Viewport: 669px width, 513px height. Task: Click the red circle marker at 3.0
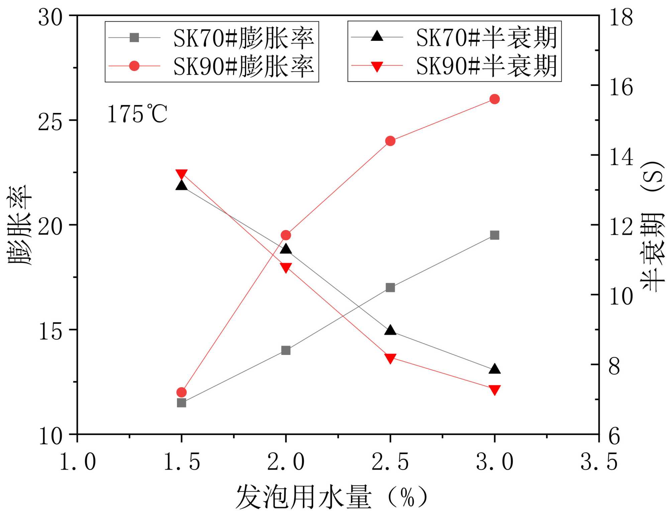coord(494,99)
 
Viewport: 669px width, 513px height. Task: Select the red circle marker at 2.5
coord(390,141)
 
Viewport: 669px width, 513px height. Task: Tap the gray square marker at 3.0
coord(494,235)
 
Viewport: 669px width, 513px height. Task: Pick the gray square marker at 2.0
coord(286,350)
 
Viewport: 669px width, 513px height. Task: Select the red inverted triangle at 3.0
coord(494,390)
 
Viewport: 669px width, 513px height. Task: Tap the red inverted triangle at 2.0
coord(286,268)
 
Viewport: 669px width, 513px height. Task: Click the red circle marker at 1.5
coord(181,392)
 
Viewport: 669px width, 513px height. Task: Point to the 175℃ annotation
coord(137,114)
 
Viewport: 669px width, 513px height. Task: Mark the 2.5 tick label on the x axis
coord(390,462)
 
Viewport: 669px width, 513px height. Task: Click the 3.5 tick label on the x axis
coord(599,462)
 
